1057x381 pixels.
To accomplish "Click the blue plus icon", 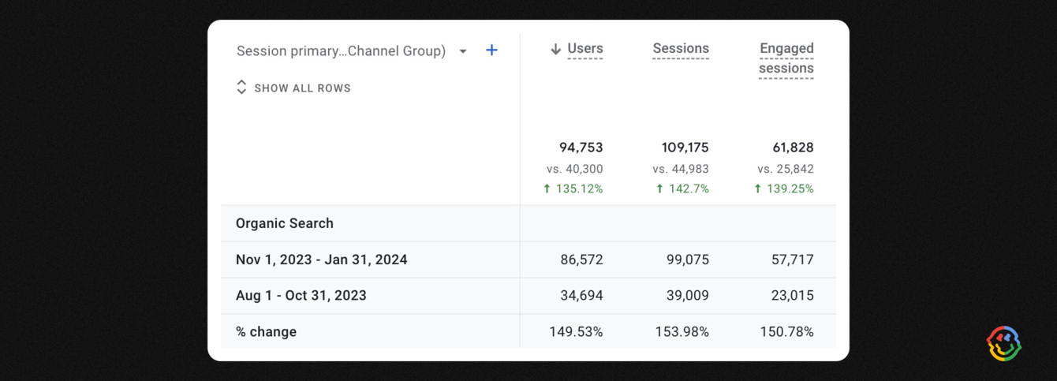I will pyautogui.click(x=491, y=50).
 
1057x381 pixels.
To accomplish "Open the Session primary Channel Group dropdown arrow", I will pyautogui.click(x=463, y=51).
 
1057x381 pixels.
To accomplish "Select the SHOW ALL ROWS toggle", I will pyautogui.click(x=293, y=88).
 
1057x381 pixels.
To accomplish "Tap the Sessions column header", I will pyautogui.click(x=681, y=49).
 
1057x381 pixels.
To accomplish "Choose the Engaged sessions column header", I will pyautogui.click(x=786, y=58).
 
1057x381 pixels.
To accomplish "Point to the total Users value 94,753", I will pyautogui.click(x=581, y=148).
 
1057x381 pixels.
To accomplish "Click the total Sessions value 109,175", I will pyautogui.click(x=685, y=148).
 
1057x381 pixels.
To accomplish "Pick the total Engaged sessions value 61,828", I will pyautogui.click(x=793, y=148).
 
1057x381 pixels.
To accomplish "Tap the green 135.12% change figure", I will pyautogui.click(x=573, y=189).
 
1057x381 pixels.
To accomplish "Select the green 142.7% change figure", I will pyautogui.click(x=682, y=189).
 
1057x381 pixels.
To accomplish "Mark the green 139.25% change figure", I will pyautogui.click(x=784, y=189).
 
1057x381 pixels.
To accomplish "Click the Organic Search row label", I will pyautogui.click(x=285, y=223).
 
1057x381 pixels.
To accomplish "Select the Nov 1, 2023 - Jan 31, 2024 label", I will pyautogui.click(x=321, y=260).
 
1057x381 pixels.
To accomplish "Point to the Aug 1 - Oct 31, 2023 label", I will pyautogui.click(x=301, y=296).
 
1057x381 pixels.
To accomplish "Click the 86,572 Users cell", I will pyautogui.click(x=581, y=260).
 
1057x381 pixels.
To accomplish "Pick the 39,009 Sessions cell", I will pyautogui.click(x=687, y=296).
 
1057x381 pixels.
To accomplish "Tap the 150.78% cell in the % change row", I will pyautogui.click(x=786, y=332).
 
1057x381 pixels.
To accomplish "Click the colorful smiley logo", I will pyautogui.click(x=1004, y=343).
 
